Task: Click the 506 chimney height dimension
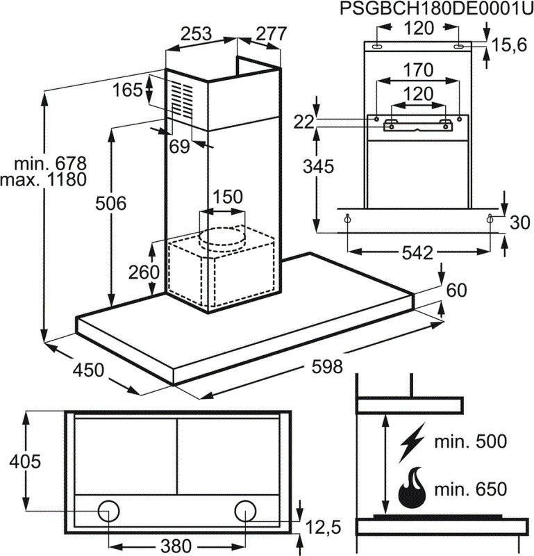pos(111,204)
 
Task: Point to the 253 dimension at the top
pos(197,33)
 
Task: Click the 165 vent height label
pos(127,90)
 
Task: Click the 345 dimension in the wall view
pos(319,167)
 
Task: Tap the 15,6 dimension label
pos(509,45)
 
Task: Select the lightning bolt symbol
pos(412,443)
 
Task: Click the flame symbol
pos(411,488)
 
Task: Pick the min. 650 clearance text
pos(471,489)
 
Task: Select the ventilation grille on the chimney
pos(185,99)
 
